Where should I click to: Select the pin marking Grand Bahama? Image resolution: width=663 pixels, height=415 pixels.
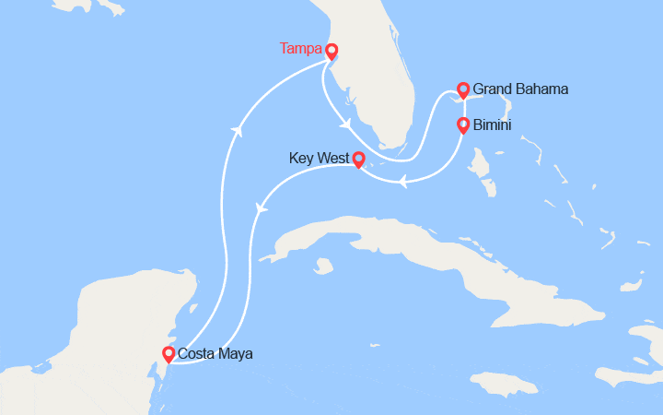[x=464, y=89]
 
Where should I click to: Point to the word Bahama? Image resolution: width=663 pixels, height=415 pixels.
[x=545, y=89]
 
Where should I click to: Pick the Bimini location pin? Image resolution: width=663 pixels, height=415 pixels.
[x=463, y=124]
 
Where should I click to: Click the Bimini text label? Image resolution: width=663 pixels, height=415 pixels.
[x=493, y=125]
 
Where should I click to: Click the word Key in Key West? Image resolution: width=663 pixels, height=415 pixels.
[x=301, y=159]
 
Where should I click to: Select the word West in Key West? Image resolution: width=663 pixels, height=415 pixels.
[x=331, y=159]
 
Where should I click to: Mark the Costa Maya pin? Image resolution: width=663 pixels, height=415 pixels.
[x=168, y=352]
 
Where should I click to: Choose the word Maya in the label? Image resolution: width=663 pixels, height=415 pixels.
[x=236, y=353]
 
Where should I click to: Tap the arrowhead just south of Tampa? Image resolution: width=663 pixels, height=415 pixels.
[x=346, y=125]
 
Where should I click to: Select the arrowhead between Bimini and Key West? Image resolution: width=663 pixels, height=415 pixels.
[x=402, y=183]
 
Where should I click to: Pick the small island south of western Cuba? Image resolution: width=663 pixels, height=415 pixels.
[x=322, y=266]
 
